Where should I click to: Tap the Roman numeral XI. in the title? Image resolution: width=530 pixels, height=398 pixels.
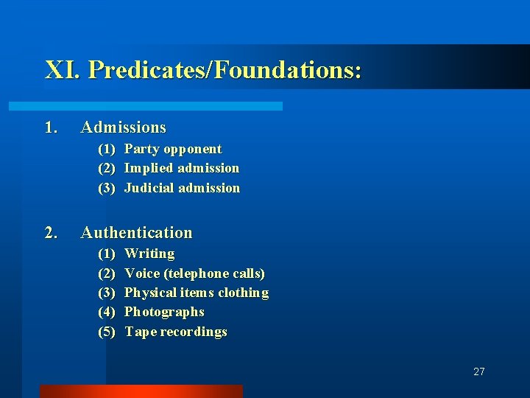63,71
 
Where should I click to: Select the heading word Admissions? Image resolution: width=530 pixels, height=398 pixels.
123,128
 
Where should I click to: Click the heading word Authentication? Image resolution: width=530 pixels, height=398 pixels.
136,233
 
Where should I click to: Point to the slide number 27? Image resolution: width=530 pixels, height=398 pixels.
479,371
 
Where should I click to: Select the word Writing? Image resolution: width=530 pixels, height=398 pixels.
149,254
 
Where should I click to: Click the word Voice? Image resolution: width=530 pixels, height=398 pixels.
142,273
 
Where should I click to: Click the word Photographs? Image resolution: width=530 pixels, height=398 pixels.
164,312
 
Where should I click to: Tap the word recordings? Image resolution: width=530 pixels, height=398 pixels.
194,332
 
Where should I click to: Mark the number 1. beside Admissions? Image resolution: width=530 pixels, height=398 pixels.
51,128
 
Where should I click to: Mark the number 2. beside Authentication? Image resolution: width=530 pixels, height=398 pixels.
51,233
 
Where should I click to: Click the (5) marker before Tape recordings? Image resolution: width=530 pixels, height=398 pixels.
107,332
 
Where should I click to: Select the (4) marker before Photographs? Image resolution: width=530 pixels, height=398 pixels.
107,312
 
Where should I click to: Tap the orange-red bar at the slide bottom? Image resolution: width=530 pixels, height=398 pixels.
141,391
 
